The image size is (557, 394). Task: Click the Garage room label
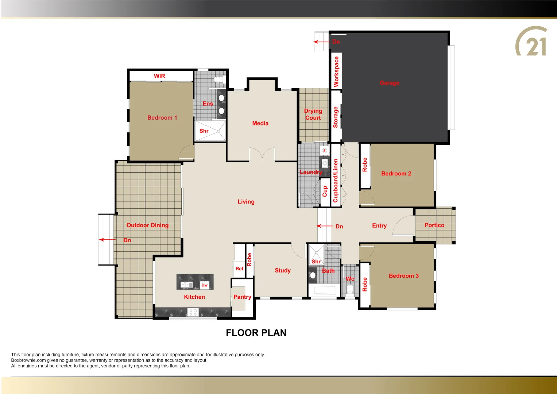(x=389, y=83)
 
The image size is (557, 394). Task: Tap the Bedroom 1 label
(x=162, y=117)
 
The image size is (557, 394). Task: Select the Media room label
(x=260, y=123)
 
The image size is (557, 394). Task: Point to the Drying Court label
(x=313, y=114)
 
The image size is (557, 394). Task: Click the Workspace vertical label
(x=336, y=72)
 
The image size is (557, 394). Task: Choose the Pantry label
(x=242, y=297)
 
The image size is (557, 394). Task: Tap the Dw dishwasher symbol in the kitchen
(x=204, y=285)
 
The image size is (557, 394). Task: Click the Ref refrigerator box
(x=239, y=269)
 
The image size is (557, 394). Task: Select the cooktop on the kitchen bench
(x=193, y=312)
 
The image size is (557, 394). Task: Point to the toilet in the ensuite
(x=218, y=79)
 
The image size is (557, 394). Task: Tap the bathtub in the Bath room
(x=325, y=291)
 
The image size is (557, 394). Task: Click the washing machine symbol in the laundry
(x=324, y=150)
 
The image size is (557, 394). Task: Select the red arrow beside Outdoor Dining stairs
(x=107, y=240)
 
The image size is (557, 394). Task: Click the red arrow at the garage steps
(x=321, y=42)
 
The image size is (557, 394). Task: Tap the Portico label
(x=434, y=225)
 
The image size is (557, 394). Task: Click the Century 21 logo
(x=531, y=42)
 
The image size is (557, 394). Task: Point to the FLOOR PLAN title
(x=256, y=333)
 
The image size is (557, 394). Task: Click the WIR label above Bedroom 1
(x=159, y=76)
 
